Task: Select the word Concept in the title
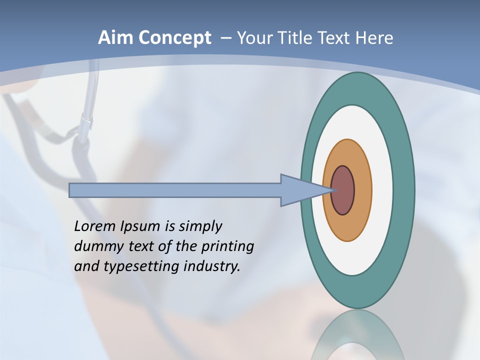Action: pyautogui.click(x=174, y=38)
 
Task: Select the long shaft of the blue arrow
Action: pyautogui.click(x=175, y=190)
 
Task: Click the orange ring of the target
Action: pyautogui.click(x=362, y=190)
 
